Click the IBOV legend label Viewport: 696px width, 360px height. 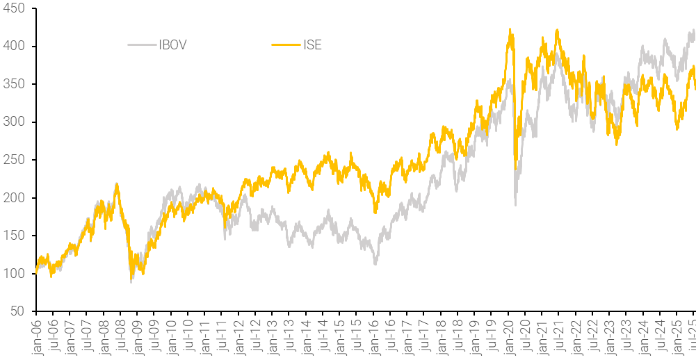tap(172, 46)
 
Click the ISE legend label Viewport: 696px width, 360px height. tap(313, 46)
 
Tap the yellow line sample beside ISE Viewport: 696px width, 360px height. tap(286, 46)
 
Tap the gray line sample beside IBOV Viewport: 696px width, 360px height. tap(143, 46)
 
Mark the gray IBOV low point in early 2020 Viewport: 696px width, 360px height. tap(516, 204)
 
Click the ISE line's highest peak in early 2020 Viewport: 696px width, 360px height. tap(510, 29)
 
